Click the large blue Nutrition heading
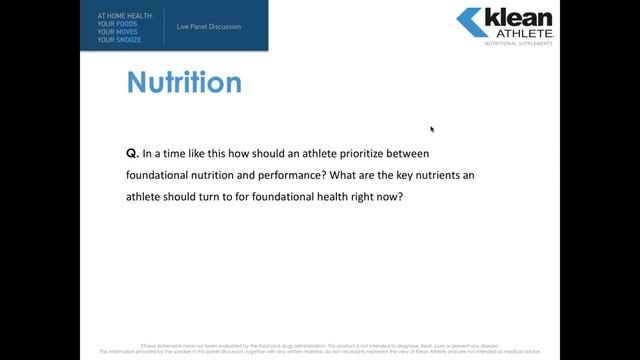pyautogui.click(x=184, y=82)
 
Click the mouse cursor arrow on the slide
pyautogui.click(x=432, y=129)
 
